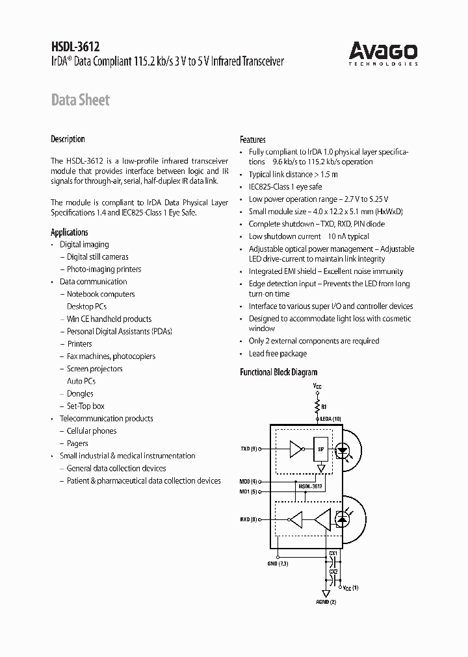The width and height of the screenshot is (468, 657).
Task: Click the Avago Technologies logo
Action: [x=383, y=52]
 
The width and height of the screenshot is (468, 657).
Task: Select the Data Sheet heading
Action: [x=80, y=100]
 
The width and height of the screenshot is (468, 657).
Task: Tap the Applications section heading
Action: [x=70, y=232]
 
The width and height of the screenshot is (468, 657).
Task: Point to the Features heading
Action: [x=253, y=140]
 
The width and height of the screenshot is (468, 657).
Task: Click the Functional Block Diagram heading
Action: [x=279, y=373]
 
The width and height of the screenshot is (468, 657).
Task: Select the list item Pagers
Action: [x=77, y=443]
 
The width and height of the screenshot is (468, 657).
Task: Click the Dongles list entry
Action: [x=80, y=394]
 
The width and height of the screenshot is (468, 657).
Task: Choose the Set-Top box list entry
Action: [x=85, y=406]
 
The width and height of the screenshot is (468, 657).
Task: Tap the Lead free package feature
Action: [x=278, y=354]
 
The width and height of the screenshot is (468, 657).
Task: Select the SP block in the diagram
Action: [x=320, y=449]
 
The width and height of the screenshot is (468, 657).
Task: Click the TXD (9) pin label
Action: [x=249, y=449]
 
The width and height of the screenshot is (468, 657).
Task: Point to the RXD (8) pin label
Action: [x=249, y=519]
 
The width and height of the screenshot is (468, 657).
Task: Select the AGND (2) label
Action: [x=326, y=602]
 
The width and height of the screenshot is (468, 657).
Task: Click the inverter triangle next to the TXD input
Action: [x=296, y=449]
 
